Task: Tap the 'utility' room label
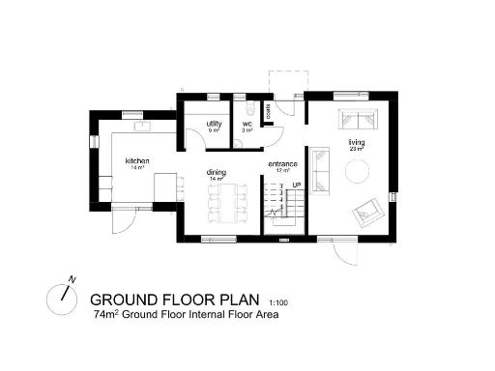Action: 214,123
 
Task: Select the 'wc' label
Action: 247,124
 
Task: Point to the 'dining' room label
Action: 216,173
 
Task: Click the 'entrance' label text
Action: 282,163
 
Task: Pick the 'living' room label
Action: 356,142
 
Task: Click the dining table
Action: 224,202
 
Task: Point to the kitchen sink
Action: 141,126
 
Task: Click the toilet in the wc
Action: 248,107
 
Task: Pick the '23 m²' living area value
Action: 356,150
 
